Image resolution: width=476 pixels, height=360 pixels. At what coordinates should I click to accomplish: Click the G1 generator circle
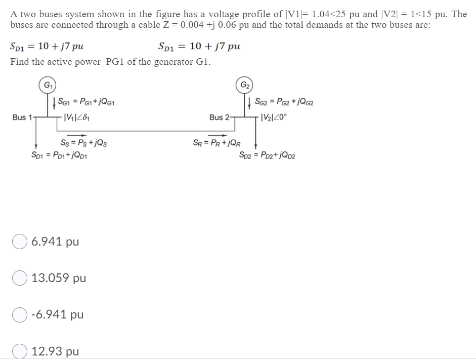pyautogui.click(x=47, y=85)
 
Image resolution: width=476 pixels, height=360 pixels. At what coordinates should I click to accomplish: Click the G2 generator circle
pyautogui.click(x=244, y=85)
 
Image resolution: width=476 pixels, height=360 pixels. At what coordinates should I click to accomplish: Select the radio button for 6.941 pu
pyautogui.click(x=20, y=242)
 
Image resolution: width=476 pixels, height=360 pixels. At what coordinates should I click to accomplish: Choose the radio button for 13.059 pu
pyautogui.click(x=20, y=278)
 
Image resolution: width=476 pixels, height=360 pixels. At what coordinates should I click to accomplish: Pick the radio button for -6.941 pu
pyautogui.click(x=20, y=315)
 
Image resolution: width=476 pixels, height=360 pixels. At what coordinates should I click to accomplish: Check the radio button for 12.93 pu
pyautogui.click(x=20, y=351)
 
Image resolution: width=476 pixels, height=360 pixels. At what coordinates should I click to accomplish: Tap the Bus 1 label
pyautogui.click(x=22, y=117)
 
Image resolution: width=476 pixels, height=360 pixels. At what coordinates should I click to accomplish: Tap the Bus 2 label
pyautogui.click(x=219, y=117)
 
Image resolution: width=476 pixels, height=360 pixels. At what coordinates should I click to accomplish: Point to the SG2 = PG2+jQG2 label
pyautogui.click(x=284, y=103)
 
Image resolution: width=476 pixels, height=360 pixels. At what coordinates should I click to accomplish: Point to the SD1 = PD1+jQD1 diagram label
pyautogui.click(x=61, y=154)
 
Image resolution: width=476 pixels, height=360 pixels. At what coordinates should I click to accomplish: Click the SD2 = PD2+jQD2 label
pyautogui.click(x=267, y=154)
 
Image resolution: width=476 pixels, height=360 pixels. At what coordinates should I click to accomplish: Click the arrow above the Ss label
pyautogui.click(x=83, y=135)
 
